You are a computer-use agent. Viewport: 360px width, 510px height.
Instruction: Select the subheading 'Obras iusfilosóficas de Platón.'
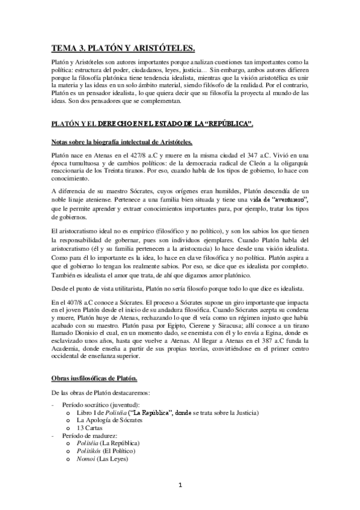tap(94, 378)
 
